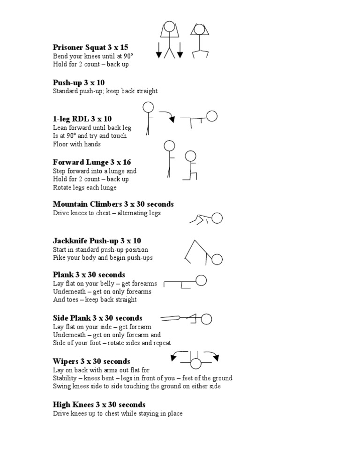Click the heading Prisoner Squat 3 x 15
pos(90,47)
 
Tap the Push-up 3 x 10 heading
pos(79,83)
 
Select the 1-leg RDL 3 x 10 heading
pos(82,119)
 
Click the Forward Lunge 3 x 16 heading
pos(92,162)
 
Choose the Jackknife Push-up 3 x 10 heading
pos(97,241)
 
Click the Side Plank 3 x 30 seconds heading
pos(97,318)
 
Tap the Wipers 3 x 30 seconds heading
pos(91,361)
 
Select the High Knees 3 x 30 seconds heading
pos(99,405)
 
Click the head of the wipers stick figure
pos(195,363)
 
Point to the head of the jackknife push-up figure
pos(217,259)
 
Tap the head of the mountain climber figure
pos(217,218)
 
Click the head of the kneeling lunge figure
pos(190,156)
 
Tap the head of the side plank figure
pos(206,319)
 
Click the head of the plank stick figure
pos(201,280)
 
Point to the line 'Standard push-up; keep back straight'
pos(105,91)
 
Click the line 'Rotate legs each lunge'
pos(85,188)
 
